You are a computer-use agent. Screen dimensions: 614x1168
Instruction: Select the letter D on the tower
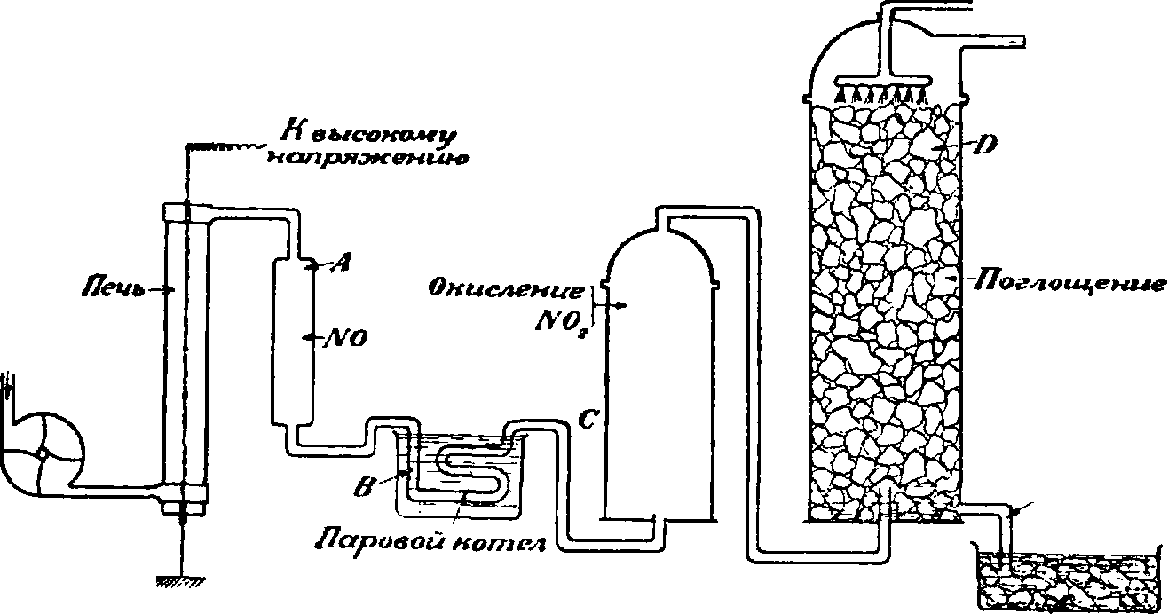tap(981, 145)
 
